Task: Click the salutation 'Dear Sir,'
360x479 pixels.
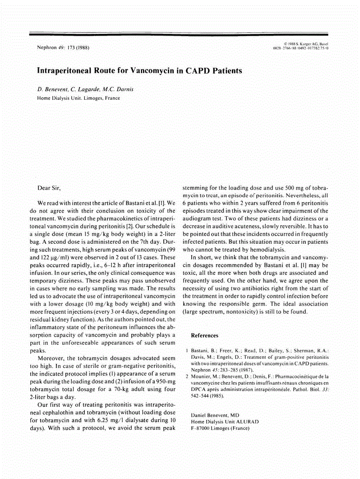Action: pos(48,187)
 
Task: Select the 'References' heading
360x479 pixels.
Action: pos(204,335)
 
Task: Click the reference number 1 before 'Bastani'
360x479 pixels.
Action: pos(187,351)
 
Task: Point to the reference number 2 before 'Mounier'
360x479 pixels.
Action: pos(187,376)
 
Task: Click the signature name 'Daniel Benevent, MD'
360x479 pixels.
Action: pos(215,414)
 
